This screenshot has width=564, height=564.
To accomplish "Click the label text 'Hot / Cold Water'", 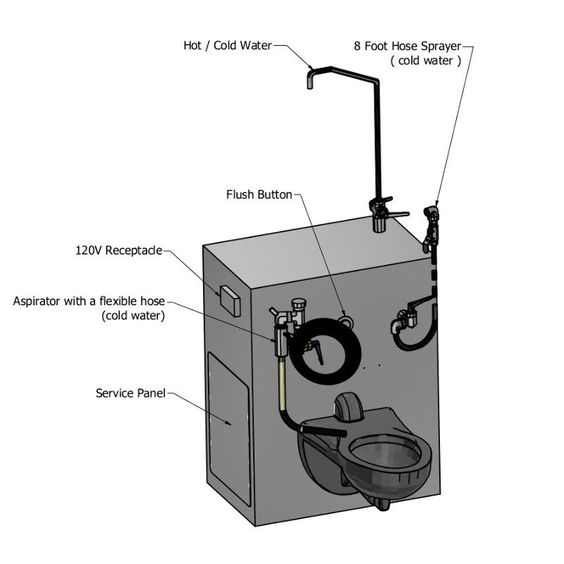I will pyautogui.click(x=227, y=46).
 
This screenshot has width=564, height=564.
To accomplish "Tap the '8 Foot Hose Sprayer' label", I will pyautogui.click(x=407, y=46).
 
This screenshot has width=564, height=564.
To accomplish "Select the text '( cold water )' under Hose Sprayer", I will pyautogui.click(x=425, y=61).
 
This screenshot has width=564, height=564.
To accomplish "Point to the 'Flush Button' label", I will pyautogui.click(x=259, y=194).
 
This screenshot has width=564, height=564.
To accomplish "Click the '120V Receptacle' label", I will pyautogui.click(x=118, y=250).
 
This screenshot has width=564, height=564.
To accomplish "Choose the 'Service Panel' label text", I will pyautogui.click(x=130, y=393).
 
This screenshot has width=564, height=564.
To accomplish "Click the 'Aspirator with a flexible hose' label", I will pyautogui.click(x=89, y=302).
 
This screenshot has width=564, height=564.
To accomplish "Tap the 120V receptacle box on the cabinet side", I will pyautogui.click(x=229, y=300).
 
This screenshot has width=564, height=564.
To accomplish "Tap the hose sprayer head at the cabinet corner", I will pyautogui.click(x=431, y=214).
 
